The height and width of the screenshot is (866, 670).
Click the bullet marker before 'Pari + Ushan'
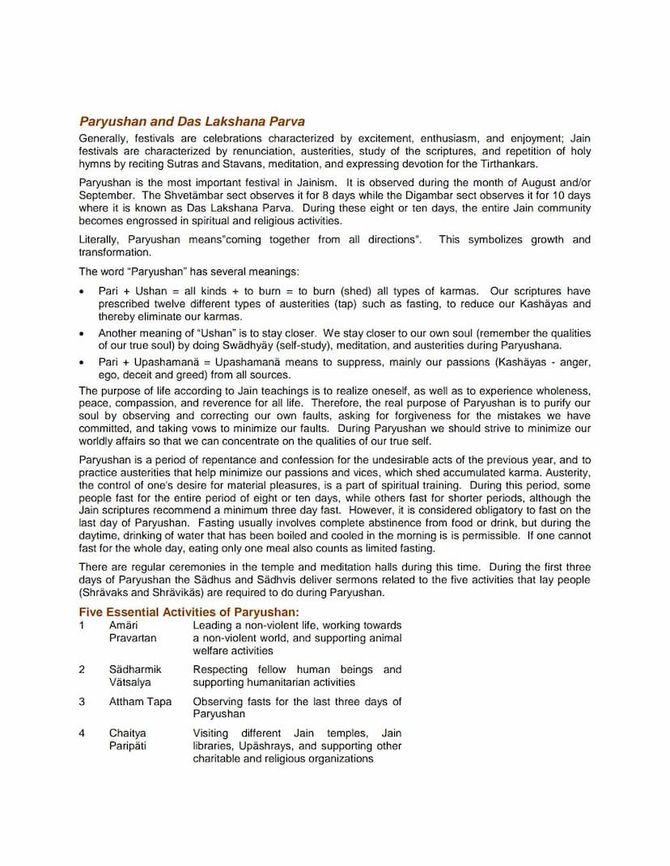click(x=83, y=292)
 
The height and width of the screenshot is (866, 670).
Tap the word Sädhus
click(x=212, y=580)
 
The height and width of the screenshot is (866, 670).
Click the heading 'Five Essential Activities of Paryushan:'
click(x=189, y=612)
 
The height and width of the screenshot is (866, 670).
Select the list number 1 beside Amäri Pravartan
click(x=82, y=625)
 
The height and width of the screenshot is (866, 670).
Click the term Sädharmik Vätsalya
click(x=135, y=676)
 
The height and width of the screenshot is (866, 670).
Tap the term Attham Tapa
click(x=140, y=701)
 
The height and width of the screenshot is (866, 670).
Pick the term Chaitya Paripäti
click(x=128, y=739)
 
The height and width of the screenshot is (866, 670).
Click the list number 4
click(x=82, y=733)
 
